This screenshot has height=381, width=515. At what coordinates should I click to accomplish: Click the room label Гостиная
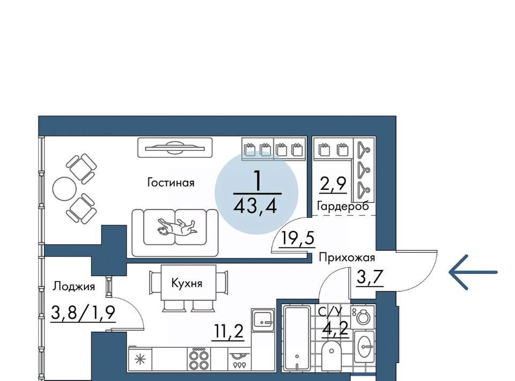pyautogui.click(x=171, y=182)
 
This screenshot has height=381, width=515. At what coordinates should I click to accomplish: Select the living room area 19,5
pyautogui.click(x=297, y=238)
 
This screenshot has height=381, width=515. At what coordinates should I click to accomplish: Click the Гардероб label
pyautogui.click(x=343, y=206)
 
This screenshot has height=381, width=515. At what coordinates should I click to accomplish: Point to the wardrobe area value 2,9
pyautogui.click(x=333, y=184)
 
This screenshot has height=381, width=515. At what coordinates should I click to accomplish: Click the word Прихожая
pyautogui.click(x=347, y=258)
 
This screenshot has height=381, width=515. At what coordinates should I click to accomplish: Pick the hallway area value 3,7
pyautogui.click(x=370, y=278)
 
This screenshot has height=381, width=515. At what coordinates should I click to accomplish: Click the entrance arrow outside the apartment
pyautogui.click(x=473, y=272)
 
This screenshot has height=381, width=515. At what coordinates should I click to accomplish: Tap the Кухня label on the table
pyautogui.click(x=187, y=283)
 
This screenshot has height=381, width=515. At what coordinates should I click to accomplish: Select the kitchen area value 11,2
pyautogui.click(x=228, y=332)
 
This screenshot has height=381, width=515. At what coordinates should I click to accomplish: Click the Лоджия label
pyautogui.click(x=74, y=287)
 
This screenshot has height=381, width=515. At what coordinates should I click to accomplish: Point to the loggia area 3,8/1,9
pyautogui.click(x=83, y=313)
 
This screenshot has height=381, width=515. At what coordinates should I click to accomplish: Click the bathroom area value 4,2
pyautogui.click(x=335, y=328)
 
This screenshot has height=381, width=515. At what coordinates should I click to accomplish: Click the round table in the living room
pyautogui.click(x=64, y=189)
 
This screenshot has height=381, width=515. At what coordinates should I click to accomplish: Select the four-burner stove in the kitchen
pyautogui.click(x=199, y=360)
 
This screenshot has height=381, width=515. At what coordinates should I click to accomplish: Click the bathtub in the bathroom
pyautogui.click(x=297, y=338)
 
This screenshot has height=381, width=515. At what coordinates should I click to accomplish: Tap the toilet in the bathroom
pyautogui.click(x=332, y=355)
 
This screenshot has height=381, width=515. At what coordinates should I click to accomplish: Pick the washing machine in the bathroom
pyautogui.click(x=363, y=317)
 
